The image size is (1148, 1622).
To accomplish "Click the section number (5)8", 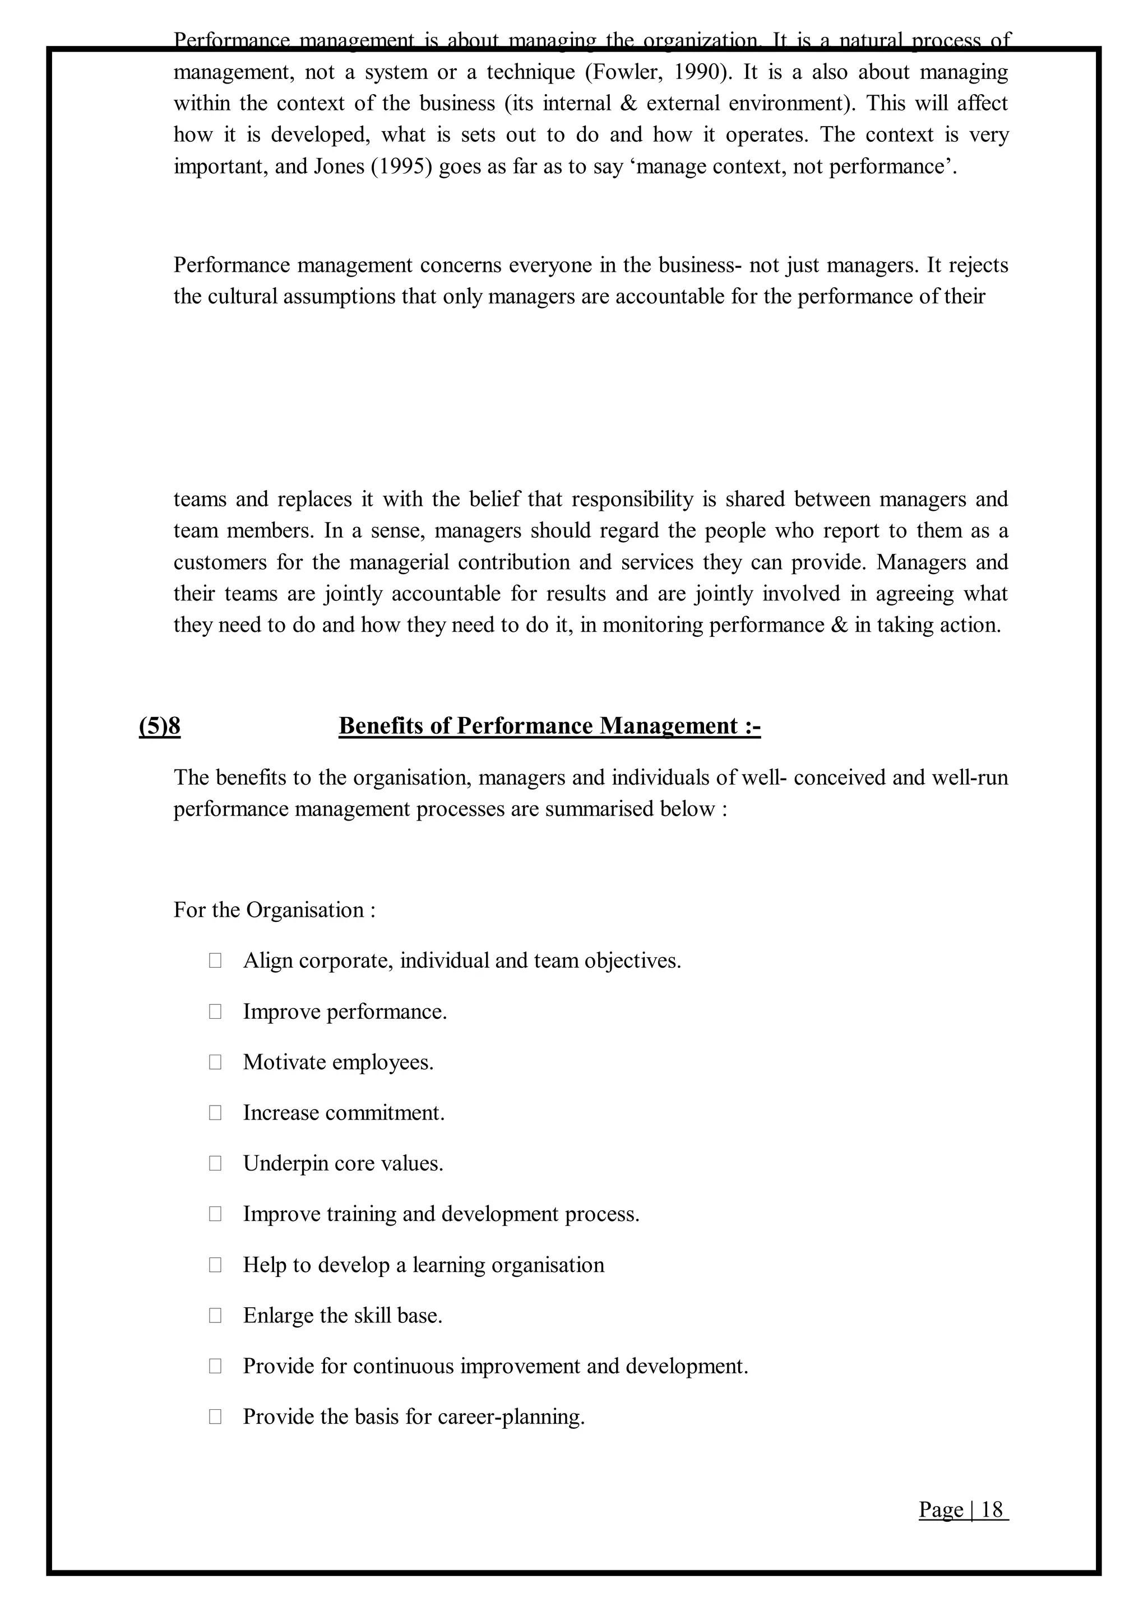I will click(160, 726).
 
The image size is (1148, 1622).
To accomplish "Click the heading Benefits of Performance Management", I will click(549, 726).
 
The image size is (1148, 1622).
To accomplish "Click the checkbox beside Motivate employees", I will click(215, 1062).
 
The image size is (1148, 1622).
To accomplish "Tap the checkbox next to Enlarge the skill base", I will click(215, 1316).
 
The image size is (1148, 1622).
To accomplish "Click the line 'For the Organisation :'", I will click(274, 910).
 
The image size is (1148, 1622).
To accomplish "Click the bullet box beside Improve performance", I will click(215, 1012).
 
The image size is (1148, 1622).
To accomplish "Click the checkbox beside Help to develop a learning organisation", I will click(215, 1265).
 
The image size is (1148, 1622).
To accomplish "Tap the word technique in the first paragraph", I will click(531, 72).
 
